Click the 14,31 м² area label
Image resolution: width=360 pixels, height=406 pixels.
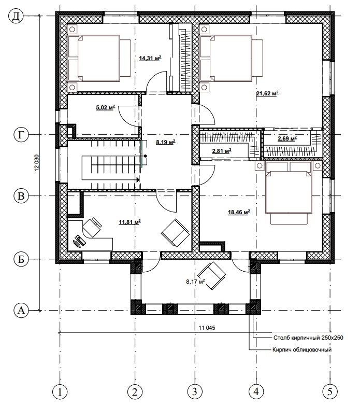click(x=150, y=58)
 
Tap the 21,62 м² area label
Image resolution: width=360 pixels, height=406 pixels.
click(x=267, y=93)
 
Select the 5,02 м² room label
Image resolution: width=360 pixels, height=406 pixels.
click(x=106, y=107)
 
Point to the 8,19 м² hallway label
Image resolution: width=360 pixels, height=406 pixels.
click(x=166, y=142)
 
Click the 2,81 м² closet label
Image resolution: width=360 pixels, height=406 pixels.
click(x=222, y=151)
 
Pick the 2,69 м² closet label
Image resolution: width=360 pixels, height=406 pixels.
click(x=287, y=138)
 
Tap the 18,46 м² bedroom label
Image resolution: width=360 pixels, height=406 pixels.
click(x=239, y=212)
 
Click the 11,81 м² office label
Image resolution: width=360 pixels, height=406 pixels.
click(x=130, y=222)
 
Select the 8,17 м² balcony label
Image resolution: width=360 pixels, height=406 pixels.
click(x=195, y=282)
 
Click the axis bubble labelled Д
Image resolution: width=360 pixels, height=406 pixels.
click(x=16, y=16)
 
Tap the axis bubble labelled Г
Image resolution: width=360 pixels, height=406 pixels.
click(x=21, y=135)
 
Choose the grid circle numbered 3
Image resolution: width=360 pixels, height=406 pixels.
click(x=194, y=391)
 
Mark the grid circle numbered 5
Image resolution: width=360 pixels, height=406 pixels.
click(x=330, y=391)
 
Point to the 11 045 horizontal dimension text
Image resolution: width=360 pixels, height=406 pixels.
click(x=207, y=328)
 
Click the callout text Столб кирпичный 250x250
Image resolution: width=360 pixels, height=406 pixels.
click(x=308, y=338)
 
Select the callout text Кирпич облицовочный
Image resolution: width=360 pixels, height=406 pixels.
click(x=302, y=350)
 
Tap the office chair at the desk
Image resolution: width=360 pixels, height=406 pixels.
click(x=92, y=227)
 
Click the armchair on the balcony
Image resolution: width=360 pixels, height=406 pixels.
click(x=211, y=276)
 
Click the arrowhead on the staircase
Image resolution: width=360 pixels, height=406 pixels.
click(x=138, y=179)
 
